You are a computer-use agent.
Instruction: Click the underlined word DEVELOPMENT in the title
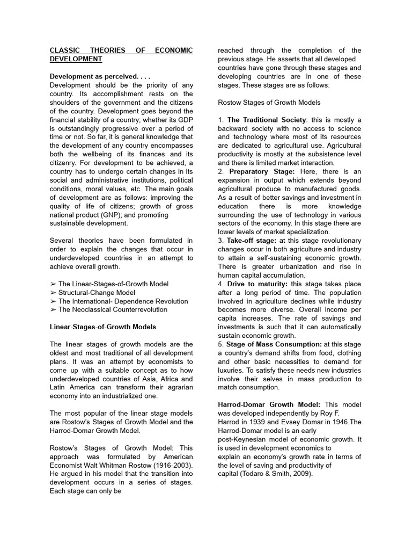[76, 59]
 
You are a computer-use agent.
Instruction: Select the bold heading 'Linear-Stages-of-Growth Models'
[103, 327]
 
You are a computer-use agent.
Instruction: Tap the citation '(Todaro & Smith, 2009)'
[275, 474]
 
